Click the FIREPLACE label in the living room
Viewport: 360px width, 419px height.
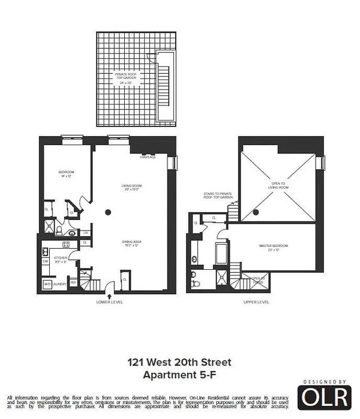[148, 157]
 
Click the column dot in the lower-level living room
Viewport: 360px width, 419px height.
[108, 212]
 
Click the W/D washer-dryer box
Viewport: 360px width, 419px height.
[47, 284]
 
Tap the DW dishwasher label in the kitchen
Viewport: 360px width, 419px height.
[45, 261]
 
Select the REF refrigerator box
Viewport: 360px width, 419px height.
[73, 282]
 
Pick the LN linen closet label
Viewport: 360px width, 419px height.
[85, 233]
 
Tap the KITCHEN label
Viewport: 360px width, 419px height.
[60, 258]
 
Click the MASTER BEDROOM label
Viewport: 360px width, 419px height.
[274, 247]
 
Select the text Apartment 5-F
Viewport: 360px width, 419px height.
[180, 374]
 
